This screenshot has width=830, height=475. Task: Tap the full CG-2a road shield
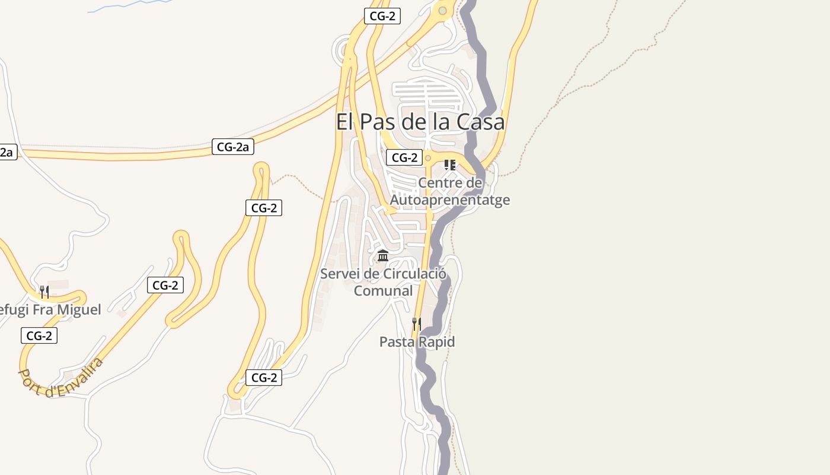pos(232,147)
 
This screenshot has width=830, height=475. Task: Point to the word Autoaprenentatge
pos(449,199)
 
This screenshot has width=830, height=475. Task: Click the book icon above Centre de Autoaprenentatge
pos(450,164)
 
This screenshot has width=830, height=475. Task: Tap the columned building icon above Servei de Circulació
pos(383,256)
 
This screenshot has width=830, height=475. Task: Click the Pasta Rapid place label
pos(417,342)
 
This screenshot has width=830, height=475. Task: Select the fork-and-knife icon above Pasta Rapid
pos(417,324)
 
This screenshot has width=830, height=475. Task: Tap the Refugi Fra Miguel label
pos(50,309)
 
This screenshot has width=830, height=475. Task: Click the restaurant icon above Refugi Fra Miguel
pos(44,292)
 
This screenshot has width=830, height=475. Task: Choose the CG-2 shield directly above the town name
pos(382,16)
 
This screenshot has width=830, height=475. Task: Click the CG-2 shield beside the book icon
pos(404,157)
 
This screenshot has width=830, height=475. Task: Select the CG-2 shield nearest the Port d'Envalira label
pos(39,335)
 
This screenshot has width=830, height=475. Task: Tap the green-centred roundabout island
pos(442,10)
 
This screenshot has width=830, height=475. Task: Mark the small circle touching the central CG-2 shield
pos(427,158)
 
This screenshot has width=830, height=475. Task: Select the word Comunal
pos(383,291)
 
